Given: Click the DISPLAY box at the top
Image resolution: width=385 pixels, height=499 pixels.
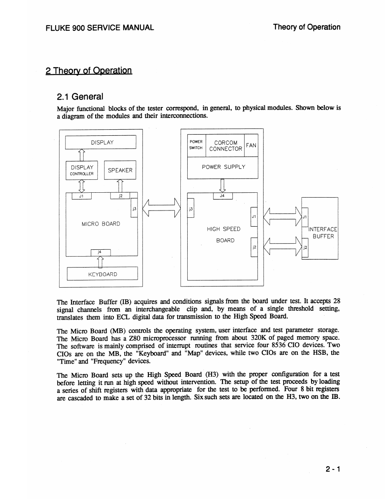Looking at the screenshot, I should (100, 142).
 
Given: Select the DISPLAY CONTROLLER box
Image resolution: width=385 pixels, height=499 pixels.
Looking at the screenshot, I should (82, 170).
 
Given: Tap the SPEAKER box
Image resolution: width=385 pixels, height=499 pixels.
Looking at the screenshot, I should (120, 170).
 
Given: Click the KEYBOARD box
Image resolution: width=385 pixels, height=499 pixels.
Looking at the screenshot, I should (103, 274).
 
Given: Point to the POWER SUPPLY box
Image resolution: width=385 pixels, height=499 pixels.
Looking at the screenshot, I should (223, 167).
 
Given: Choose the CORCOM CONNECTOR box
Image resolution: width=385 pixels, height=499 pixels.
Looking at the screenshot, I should (226, 145).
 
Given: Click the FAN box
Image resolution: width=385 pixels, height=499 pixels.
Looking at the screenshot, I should (251, 145).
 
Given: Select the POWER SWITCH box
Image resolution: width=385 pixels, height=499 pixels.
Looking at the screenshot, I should (196, 145).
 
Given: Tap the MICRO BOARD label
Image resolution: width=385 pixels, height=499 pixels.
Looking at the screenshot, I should (101, 223).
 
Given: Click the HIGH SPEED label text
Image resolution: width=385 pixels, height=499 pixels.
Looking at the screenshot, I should (224, 229).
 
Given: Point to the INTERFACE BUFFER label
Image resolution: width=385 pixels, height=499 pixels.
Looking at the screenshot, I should (323, 233).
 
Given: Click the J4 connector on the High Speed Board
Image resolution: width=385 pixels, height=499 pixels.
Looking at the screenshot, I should (222, 196).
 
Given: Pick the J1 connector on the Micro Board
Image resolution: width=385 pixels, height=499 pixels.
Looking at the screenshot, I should (82, 196).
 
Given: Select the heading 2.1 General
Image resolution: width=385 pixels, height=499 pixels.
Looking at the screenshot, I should (80, 97).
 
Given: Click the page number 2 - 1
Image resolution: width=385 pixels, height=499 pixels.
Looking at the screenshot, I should (333, 469).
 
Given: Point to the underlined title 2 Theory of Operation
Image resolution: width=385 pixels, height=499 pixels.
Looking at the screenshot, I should (89, 71).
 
